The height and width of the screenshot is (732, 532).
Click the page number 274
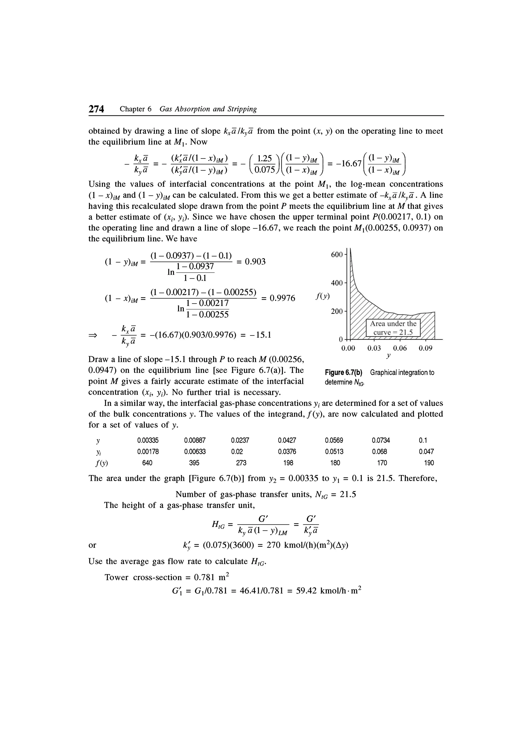96,109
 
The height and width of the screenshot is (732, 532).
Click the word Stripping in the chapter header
242,109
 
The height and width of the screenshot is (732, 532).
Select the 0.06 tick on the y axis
400,348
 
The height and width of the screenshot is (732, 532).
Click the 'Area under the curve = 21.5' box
393,328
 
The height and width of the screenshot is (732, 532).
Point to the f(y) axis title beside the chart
322,296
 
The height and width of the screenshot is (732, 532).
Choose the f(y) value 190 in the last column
429,463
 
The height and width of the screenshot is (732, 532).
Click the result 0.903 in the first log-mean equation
255,261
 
